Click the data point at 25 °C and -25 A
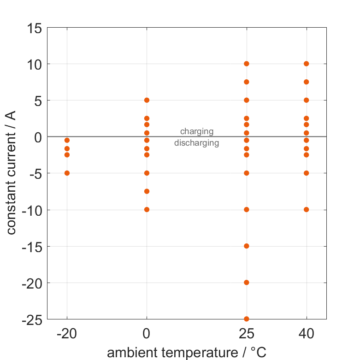click(247, 319)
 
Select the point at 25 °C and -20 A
click(247, 283)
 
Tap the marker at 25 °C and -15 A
click(247, 246)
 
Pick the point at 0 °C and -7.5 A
click(147, 191)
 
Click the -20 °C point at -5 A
click(67, 173)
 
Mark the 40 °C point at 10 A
click(306, 64)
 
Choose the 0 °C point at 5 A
click(147, 100)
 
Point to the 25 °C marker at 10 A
click(247, 64)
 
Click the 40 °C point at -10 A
click(306, 209)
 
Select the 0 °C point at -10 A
click(147, 209)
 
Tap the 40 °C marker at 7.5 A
click(306, 82)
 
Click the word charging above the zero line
click(197, 132)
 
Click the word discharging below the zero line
click(196, 143)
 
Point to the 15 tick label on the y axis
click(34, 28)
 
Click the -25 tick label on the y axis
click(32, 319)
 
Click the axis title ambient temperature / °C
click(187, 353)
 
